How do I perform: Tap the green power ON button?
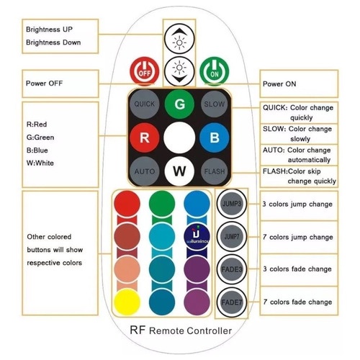[x=215, y=71]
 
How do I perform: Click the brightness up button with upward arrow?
[x=179, y=39]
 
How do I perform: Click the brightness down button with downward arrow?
[x=179, y=71]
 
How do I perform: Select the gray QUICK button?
[x=145, y=104]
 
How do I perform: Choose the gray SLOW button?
[x=215, y=104]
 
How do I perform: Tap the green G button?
[x=179, y=104]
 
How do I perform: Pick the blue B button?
[x=215, y=138]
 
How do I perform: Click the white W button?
[x=179, y=171]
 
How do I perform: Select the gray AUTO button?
[x=145, y=171]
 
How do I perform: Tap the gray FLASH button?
[x=215, y=171]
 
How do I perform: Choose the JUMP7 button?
[x=232, y=237]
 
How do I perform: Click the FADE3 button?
[x=232, y=269]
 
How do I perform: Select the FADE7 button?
[x=232, y=302]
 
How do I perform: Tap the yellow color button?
[x=127, y=302]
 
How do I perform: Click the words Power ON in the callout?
[x=279, y=84]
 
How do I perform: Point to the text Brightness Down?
[x=53, y=42]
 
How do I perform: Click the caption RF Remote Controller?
[x=181, y=330]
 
